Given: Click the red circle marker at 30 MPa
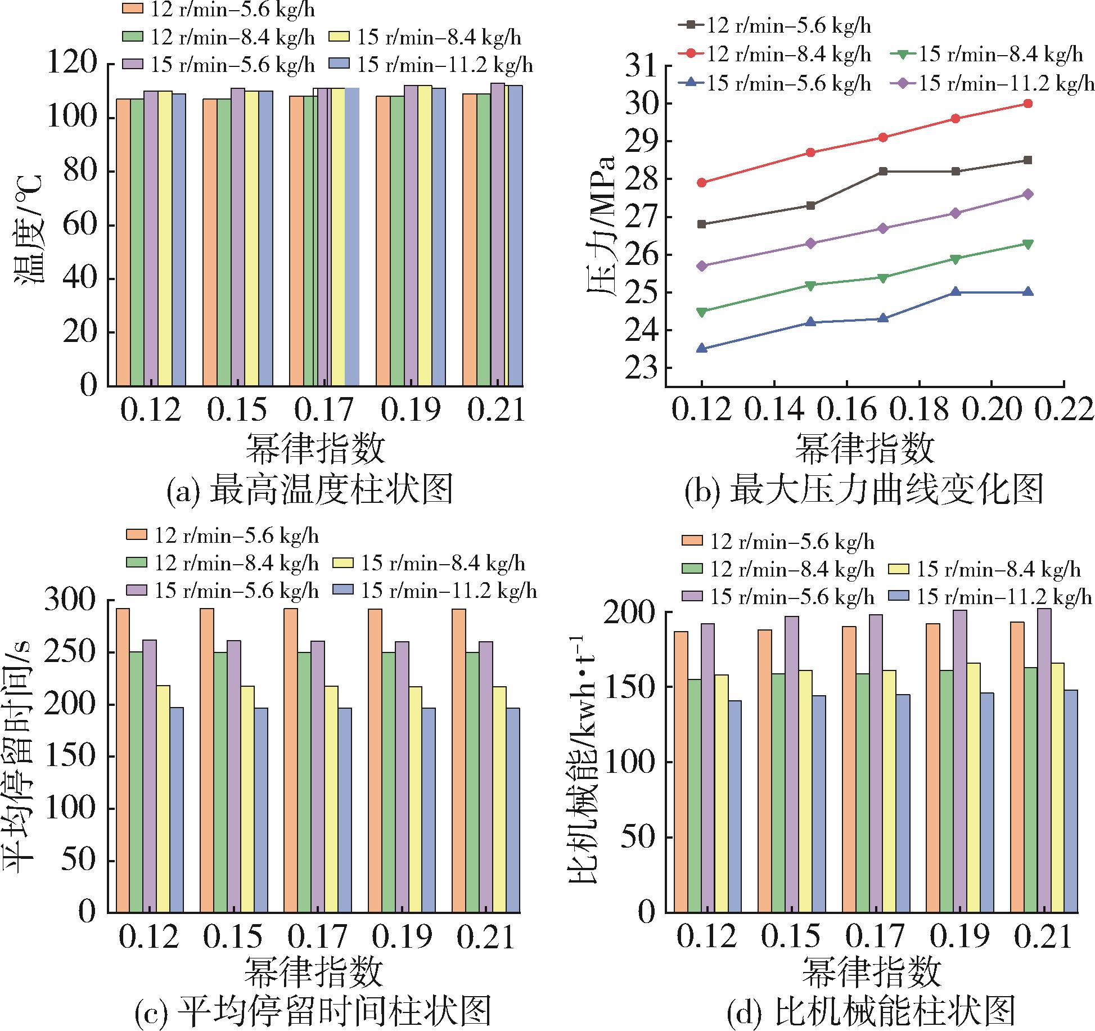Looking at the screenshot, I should tap(1028, 103).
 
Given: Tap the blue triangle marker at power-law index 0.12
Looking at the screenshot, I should tap(702, 348).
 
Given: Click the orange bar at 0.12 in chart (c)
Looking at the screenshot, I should tap(123, 759).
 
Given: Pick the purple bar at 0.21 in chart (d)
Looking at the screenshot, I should tap(1044, 759).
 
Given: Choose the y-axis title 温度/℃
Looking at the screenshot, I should tap(31, 224).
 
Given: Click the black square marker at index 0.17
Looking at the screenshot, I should tap(883, 172).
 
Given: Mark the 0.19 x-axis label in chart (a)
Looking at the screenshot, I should tap(411, 411).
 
